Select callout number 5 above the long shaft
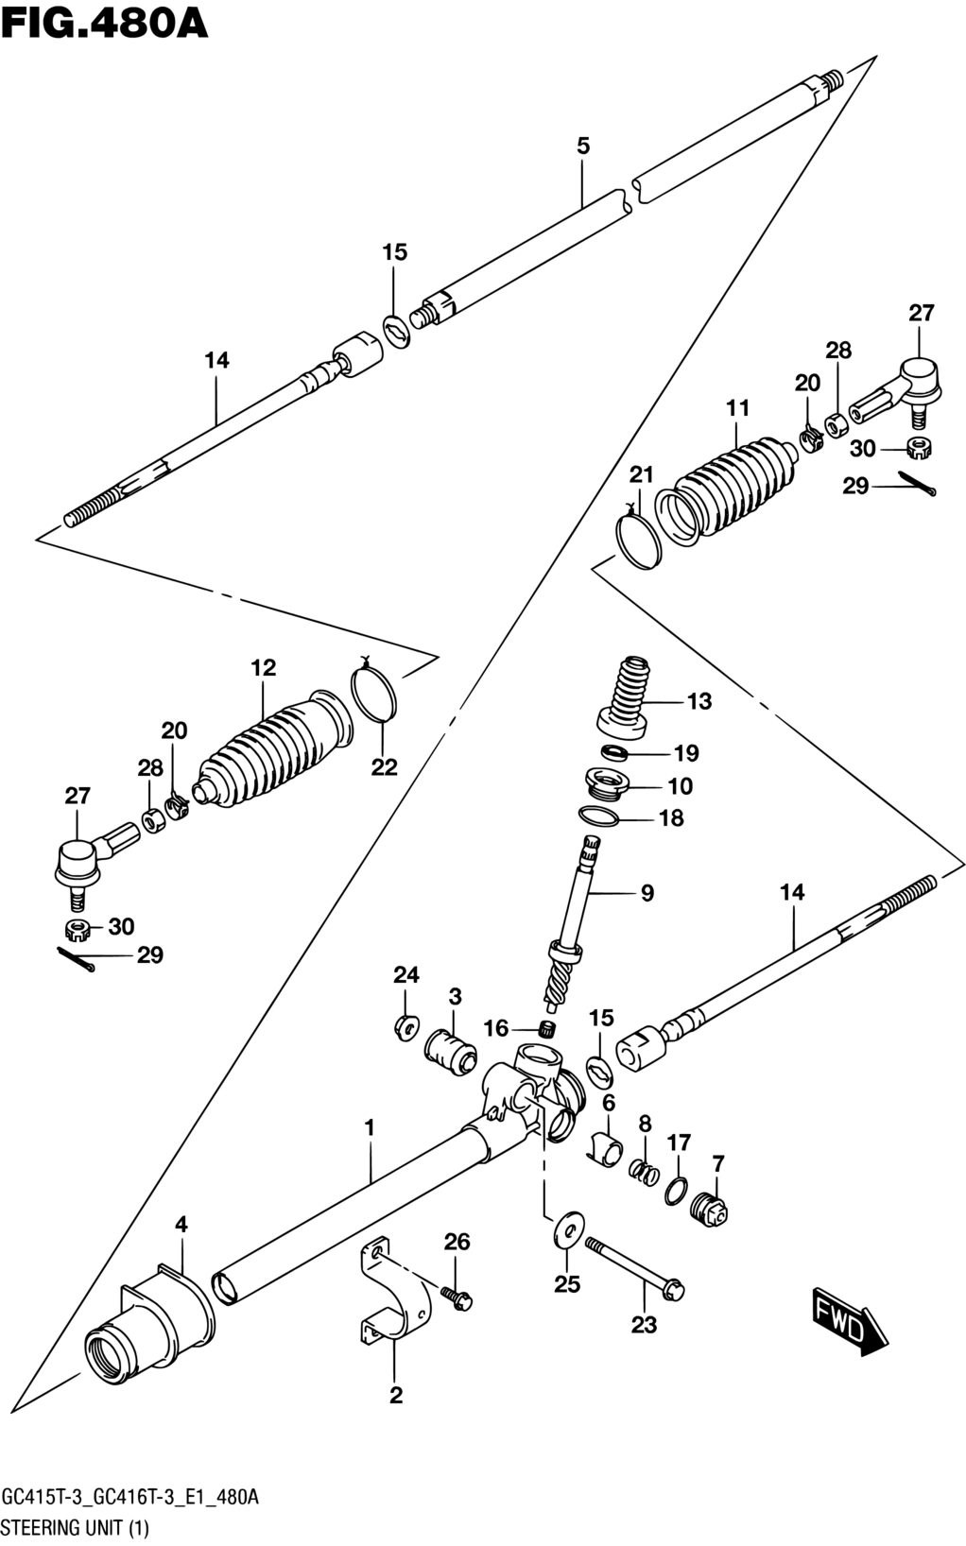[x=583, y=146]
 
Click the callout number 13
[x=699, y=701]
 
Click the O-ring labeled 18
[x=598, y=816]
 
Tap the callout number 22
[x=384, y=766]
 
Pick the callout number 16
[x=496, y=1028]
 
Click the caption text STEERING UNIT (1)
[x=76, y=1527]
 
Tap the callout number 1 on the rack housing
[x=371, y=1127]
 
